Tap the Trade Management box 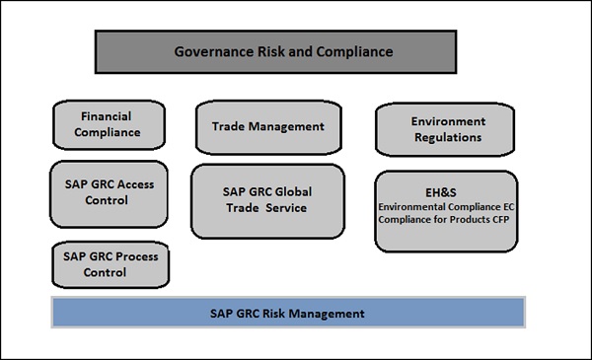tap(267, 126)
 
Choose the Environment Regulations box tap(447, 129)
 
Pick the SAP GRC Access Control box tap(108, 192)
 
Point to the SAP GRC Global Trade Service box tap(267, 200)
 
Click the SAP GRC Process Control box tap(110, 264)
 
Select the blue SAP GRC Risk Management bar tap(288, 314)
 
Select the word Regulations tap(448, 137)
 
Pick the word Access tap(131, 184)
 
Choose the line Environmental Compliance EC tap(445, 207)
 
